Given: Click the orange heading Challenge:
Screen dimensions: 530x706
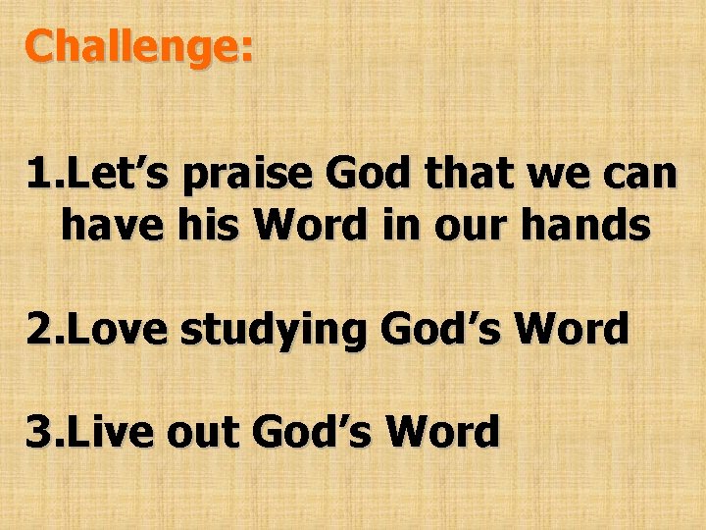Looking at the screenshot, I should click(x=139, y=48).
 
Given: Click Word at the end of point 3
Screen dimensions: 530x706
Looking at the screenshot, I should click(x=442, y=431).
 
